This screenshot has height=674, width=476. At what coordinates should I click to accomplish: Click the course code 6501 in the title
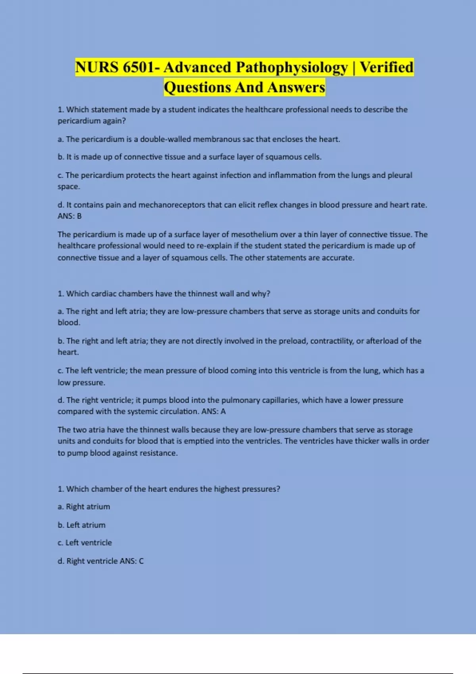click(138, 67)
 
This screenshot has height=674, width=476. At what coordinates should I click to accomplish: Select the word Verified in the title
click(386, 67)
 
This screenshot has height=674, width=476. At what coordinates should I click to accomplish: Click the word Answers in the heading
click(296, 87)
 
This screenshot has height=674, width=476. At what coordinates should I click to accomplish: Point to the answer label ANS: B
click(69, 216)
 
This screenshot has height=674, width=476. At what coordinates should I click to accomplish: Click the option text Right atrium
click(88, 507)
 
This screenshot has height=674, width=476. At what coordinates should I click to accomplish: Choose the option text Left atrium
click(86, 525)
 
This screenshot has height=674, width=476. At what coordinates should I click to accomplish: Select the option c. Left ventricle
click(84, 543)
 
